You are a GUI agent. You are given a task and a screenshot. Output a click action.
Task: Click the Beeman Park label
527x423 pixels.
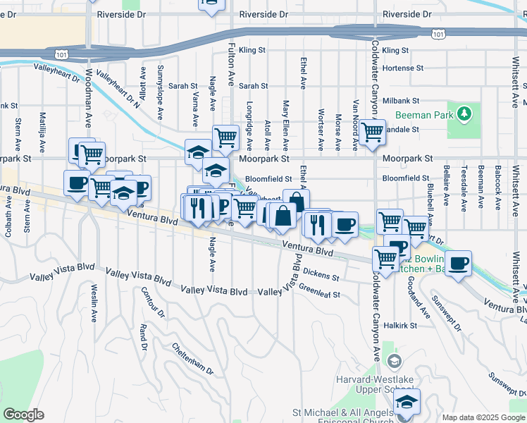pos(421,114)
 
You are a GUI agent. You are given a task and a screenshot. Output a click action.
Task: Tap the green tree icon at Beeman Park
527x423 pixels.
pos(464,114)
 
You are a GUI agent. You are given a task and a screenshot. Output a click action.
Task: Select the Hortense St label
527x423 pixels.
pos(403,68)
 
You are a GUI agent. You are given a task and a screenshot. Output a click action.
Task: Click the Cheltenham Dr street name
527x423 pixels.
pos(192,359)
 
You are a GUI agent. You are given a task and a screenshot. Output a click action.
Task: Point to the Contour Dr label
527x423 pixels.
pos(151,302)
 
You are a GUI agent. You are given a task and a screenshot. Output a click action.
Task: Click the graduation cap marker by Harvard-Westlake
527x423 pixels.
pos(407,403)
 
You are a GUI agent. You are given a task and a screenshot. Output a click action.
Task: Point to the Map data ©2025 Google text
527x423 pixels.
pos(483,417)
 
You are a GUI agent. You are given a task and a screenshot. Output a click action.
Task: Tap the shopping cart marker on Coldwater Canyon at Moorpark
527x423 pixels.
pos(371,131)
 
